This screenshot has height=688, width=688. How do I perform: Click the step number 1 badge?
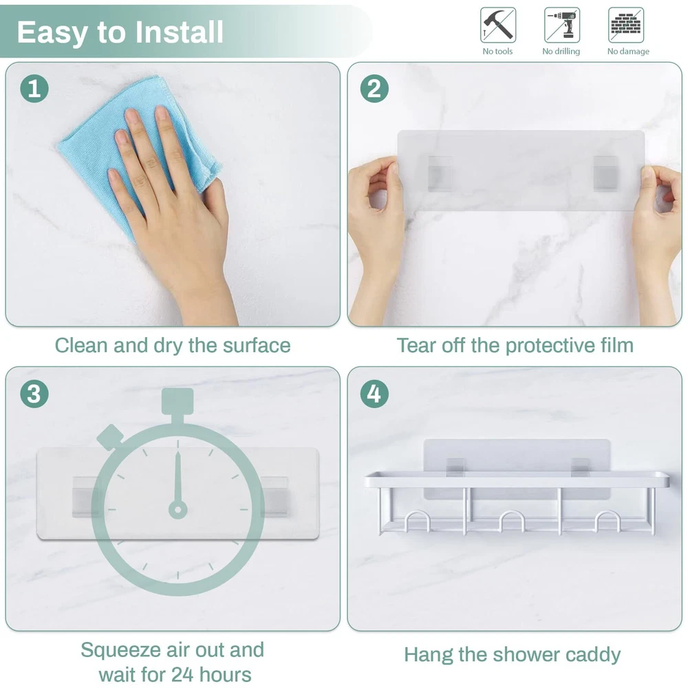(x=34, y=89)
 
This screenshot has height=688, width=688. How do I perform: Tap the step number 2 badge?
(x=374, y=89)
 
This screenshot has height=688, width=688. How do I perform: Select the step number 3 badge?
(x=34, y=394)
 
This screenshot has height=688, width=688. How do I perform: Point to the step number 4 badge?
(x=374, y=394)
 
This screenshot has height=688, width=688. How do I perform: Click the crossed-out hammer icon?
(x=498, y=25)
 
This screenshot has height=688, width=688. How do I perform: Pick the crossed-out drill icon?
(x=562, y=25)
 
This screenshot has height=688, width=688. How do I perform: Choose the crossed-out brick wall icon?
(x=626, y=25)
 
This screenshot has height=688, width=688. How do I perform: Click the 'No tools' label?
(x=497, y=52)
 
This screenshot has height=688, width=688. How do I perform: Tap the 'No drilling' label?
(x=561, y=52)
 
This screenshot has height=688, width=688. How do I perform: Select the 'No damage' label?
(x=628, y=52)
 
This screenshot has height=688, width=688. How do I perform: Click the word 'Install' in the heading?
(x=179, y=32)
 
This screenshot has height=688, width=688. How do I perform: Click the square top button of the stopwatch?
(x=178, y=401)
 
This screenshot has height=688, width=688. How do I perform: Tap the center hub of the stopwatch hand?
(x=178, y=510)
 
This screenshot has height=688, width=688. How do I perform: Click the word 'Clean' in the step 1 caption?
(x=81, y=345)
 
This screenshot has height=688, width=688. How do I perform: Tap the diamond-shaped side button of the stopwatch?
(x=109, y=437)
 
